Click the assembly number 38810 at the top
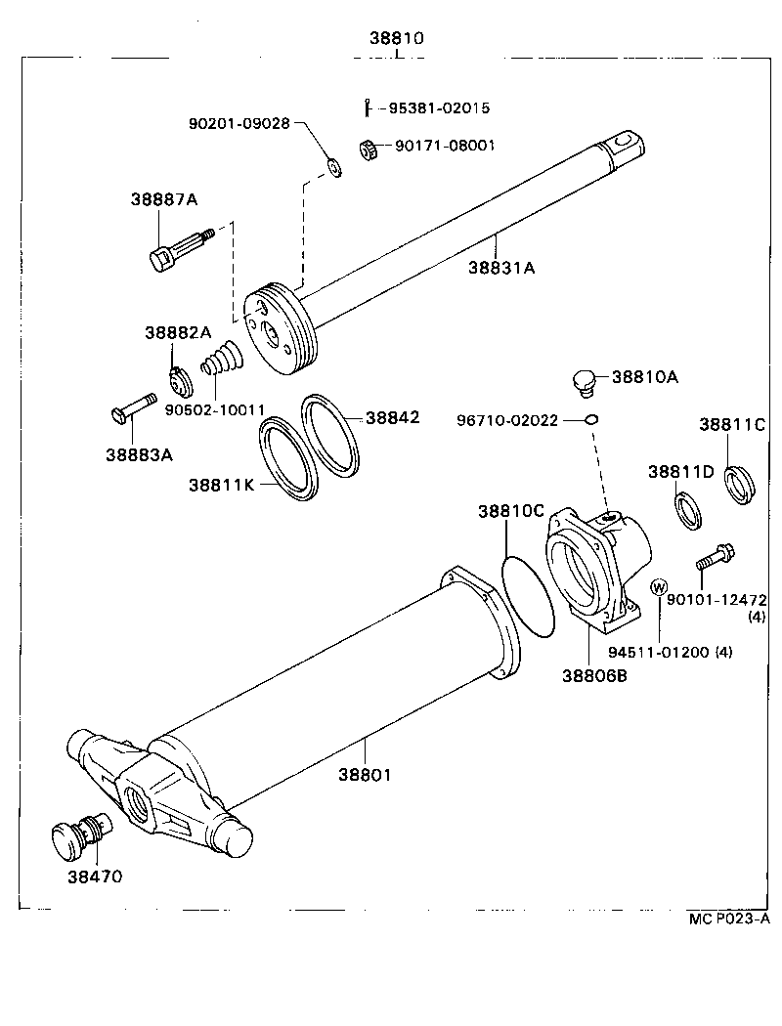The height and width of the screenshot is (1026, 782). tap(396, 39)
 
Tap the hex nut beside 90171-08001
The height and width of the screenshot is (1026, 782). tap(369, 150)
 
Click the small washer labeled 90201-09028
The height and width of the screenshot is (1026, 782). tap(335, 167)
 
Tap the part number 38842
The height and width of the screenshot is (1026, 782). tap(392, 417)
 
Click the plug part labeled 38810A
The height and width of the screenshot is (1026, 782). tap(584, 381)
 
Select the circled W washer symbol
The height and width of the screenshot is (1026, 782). tap(659, 587)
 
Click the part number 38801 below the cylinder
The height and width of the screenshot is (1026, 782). tap(365, 774)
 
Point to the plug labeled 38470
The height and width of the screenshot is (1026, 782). tap(82, 837)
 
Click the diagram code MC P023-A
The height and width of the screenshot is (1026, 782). tap(728, 918)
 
